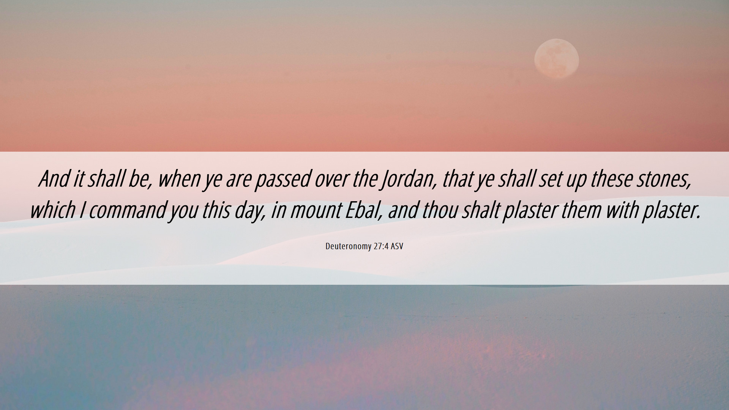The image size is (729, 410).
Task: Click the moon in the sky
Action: click(x=556, y=59)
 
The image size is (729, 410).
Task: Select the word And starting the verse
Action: click(x=54, y=179)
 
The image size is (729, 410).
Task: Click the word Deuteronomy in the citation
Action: click(x=348, y=246)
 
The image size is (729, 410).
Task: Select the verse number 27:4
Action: click(x=381, y=246)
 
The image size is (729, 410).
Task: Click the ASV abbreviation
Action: click(x=397, y=246)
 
